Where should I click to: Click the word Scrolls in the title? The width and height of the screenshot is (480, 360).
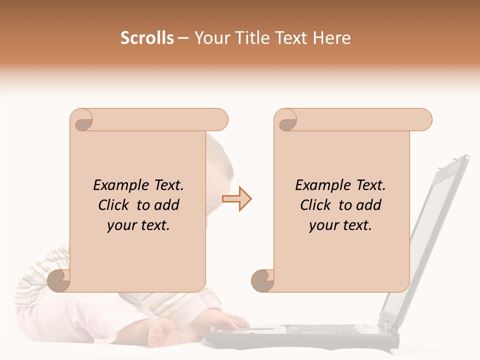[x=147, y=38]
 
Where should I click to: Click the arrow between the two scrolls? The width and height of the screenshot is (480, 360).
[x=236, y=199]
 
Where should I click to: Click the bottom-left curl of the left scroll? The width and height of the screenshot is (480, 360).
[x=59, y=280]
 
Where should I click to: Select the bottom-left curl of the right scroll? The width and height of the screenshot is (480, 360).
[x=262, y=280]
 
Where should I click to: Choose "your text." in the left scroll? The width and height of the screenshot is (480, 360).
[x=138, y=225]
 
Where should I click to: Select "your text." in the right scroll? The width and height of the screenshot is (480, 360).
[x=340, y=225]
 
